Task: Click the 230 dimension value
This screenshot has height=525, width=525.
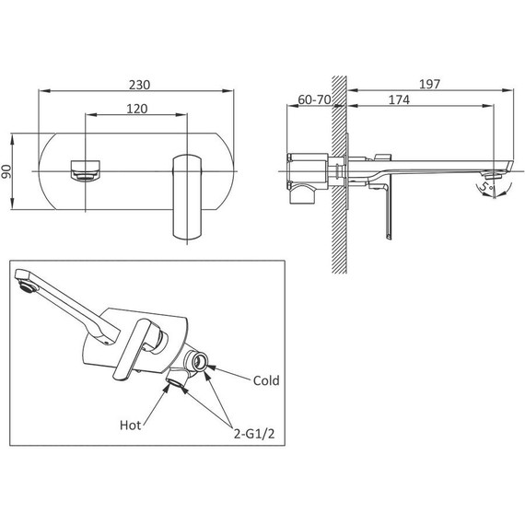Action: click(140, 85)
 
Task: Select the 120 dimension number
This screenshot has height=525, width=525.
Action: click(137, 109)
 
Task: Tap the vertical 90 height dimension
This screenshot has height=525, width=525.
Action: click(6, 171)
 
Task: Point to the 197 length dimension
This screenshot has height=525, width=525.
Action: click(430, 84)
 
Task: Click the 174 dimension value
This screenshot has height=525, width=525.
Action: click(399, 99)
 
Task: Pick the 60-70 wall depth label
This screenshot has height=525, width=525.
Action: click(314, 99)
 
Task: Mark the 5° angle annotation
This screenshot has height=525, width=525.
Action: click(486, 186)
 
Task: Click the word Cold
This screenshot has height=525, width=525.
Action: click(266, 380)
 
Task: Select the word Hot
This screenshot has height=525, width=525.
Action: click(130, 426)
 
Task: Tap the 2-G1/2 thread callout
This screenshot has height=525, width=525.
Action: click(254, 434)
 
